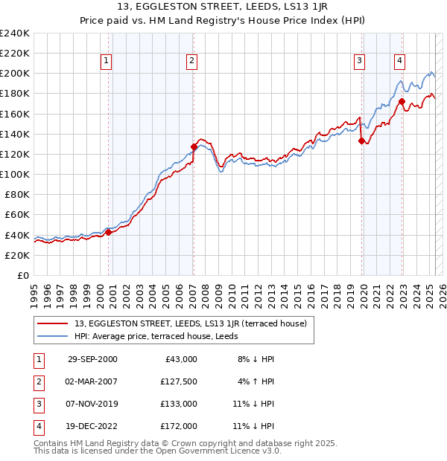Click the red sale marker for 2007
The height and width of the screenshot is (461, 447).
click(194, 146)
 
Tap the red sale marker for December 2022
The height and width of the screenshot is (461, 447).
click(402, 102)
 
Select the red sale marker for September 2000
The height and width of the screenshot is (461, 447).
click(108, 232)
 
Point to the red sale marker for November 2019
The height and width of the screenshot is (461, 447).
click(361, 141)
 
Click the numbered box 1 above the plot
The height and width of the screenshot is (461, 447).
click(107, 61)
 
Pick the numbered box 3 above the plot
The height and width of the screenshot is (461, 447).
click(359, 61)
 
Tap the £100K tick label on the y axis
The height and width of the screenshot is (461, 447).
click(14, 174)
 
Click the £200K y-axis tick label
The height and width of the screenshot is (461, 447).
click(14, 74)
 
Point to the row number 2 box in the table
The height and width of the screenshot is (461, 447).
click(37, 381)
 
